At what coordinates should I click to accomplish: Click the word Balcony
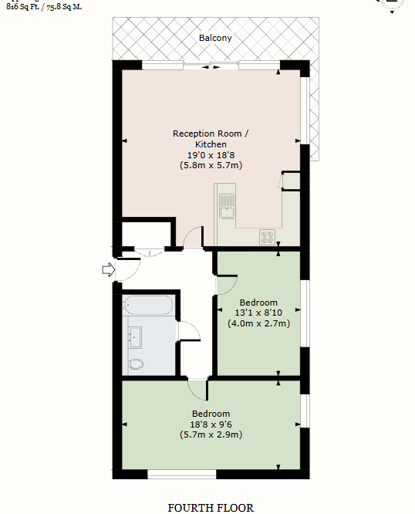coord(215,38)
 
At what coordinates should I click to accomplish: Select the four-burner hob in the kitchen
coord(269,238)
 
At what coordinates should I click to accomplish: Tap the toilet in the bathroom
coord(136,364)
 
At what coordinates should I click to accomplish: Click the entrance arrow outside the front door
coord(108,269)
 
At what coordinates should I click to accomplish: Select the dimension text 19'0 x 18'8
coord(211,154)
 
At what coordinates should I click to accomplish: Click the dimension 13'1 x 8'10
coord(258,313)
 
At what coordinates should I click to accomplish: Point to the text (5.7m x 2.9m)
coord(211,435)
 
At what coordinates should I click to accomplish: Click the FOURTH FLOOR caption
coord(211,508)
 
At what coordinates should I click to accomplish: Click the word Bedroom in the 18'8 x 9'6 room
coord(211,414)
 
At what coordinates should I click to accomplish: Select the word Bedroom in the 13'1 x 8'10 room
coord(258,302)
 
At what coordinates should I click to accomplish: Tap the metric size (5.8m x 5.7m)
coord(211,164)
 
